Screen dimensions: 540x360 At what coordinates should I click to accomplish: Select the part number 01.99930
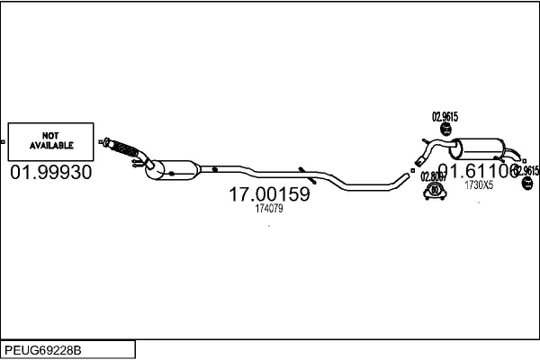click(50, 172)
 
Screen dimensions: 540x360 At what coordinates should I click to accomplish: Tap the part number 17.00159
click(269, 193)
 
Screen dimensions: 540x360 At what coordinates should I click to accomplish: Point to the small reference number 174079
click(269, 209)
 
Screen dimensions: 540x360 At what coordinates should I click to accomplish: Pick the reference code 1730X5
click(478, 185)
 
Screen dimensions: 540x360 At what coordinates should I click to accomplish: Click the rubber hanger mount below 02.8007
click(436, 191)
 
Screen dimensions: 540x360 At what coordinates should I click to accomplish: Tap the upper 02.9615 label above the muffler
click(445, 115)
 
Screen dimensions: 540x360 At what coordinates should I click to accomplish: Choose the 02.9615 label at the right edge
click(526, 170)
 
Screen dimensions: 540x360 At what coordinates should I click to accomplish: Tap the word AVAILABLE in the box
click(51, 145)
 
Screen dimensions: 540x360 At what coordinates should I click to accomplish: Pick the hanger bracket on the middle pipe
click(302, 169)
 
